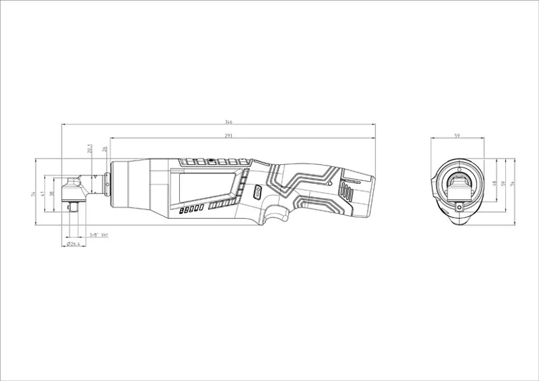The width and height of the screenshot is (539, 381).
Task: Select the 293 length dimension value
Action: tap(229, 135)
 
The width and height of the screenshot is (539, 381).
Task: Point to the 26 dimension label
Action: tap(105, 149)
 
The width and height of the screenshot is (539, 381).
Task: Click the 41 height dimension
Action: tap(43, 194)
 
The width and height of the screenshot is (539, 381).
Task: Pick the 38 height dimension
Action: tap(52, 194)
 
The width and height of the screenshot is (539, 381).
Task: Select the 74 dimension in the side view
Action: tap(33, 194)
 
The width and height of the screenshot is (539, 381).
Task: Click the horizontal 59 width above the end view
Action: tap(457, 135)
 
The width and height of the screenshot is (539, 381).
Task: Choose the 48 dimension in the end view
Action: tap(494, 183)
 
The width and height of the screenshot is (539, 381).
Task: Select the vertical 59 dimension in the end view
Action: tap(503, 183)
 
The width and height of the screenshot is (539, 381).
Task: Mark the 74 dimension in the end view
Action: tap(513, 183)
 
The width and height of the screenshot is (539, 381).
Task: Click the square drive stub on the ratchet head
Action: tap(72, 207)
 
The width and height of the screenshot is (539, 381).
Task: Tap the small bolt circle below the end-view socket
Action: tap(461, 206)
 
